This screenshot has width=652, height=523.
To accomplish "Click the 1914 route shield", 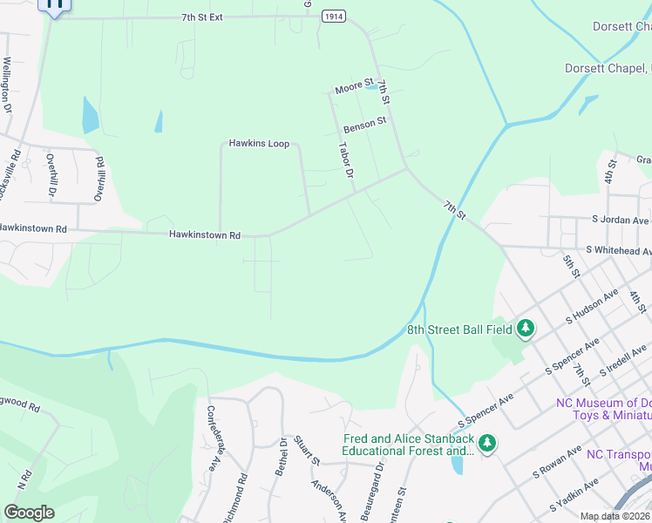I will point(331,17).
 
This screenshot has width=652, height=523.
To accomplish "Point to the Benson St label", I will point(364,124).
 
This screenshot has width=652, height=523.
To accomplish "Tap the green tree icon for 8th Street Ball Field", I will point(526,329).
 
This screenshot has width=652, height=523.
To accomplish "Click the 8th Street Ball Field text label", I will point(460,330).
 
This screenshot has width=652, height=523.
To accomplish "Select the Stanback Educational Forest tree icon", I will point(488,444).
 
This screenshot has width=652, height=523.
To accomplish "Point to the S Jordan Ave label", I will point(621,220).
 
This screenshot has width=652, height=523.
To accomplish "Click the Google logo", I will point(29,512).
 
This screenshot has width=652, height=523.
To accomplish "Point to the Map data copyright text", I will point(615,516).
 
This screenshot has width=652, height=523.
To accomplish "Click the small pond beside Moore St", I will point(372,86).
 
